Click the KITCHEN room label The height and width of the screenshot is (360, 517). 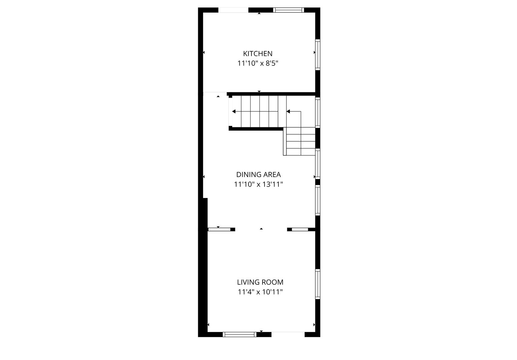point(257,54)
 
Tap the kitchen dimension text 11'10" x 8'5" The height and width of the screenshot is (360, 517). point(258,63)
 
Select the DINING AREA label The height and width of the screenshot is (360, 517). point(258,175)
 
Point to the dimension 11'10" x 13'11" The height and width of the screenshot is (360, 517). point(258,184)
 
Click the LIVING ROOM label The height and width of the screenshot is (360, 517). point(260,282)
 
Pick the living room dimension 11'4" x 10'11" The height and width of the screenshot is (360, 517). point(260,292)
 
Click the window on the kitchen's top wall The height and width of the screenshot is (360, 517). point(289,10)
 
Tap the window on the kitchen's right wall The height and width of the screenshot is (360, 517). point(318,55)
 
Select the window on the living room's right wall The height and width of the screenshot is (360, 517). point(318,284)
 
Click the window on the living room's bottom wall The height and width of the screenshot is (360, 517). point(239,334)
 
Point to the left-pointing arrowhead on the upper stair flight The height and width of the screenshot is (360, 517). point(234,112)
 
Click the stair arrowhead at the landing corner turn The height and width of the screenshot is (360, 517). point(288,112)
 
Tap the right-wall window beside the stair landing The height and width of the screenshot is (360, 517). point(318,113)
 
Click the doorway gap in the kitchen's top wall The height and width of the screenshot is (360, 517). point(233,10)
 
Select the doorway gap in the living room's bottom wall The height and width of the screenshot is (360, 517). point(288,334)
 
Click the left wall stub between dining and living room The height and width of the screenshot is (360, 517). point(221,229)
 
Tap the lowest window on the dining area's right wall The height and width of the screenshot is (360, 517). point(318,200)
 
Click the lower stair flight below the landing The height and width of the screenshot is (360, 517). point(299,141)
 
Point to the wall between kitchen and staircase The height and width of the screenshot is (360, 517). point(271,94)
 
